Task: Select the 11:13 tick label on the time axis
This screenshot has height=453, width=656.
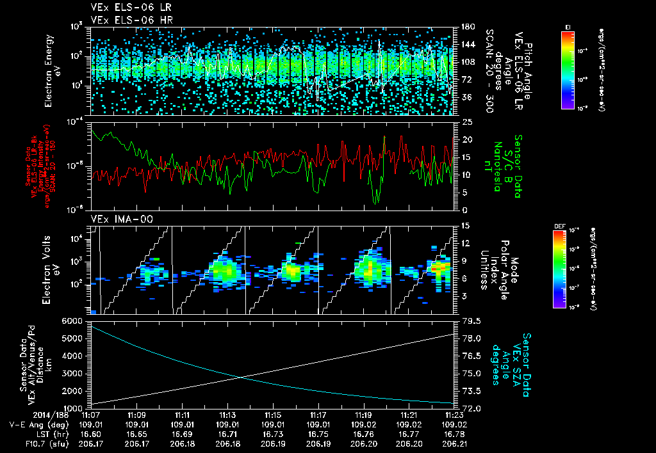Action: coord(227,414)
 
